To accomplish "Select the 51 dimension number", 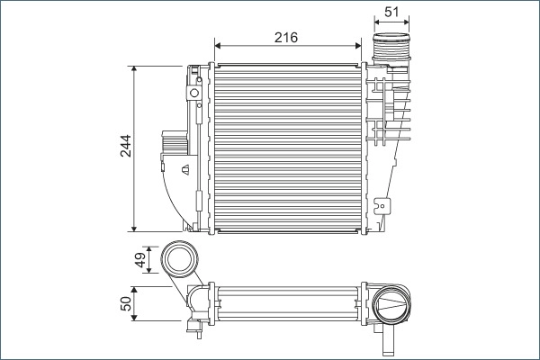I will (x=391, y=11).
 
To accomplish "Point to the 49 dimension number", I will (x=139, y=259).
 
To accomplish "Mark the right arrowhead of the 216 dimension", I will (x=358, y=45).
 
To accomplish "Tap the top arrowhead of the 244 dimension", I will (x=133, y=68).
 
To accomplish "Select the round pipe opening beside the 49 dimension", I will (x=178, y=260).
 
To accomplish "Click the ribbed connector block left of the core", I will (x=173, y=143).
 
